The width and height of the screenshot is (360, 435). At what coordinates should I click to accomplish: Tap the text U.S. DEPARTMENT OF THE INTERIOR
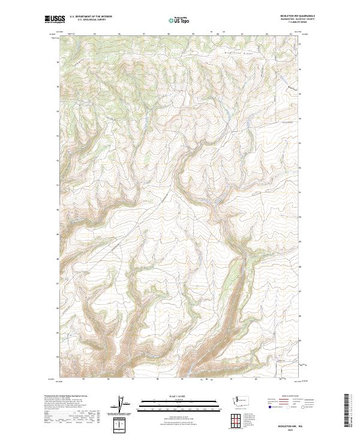point(91,17)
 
